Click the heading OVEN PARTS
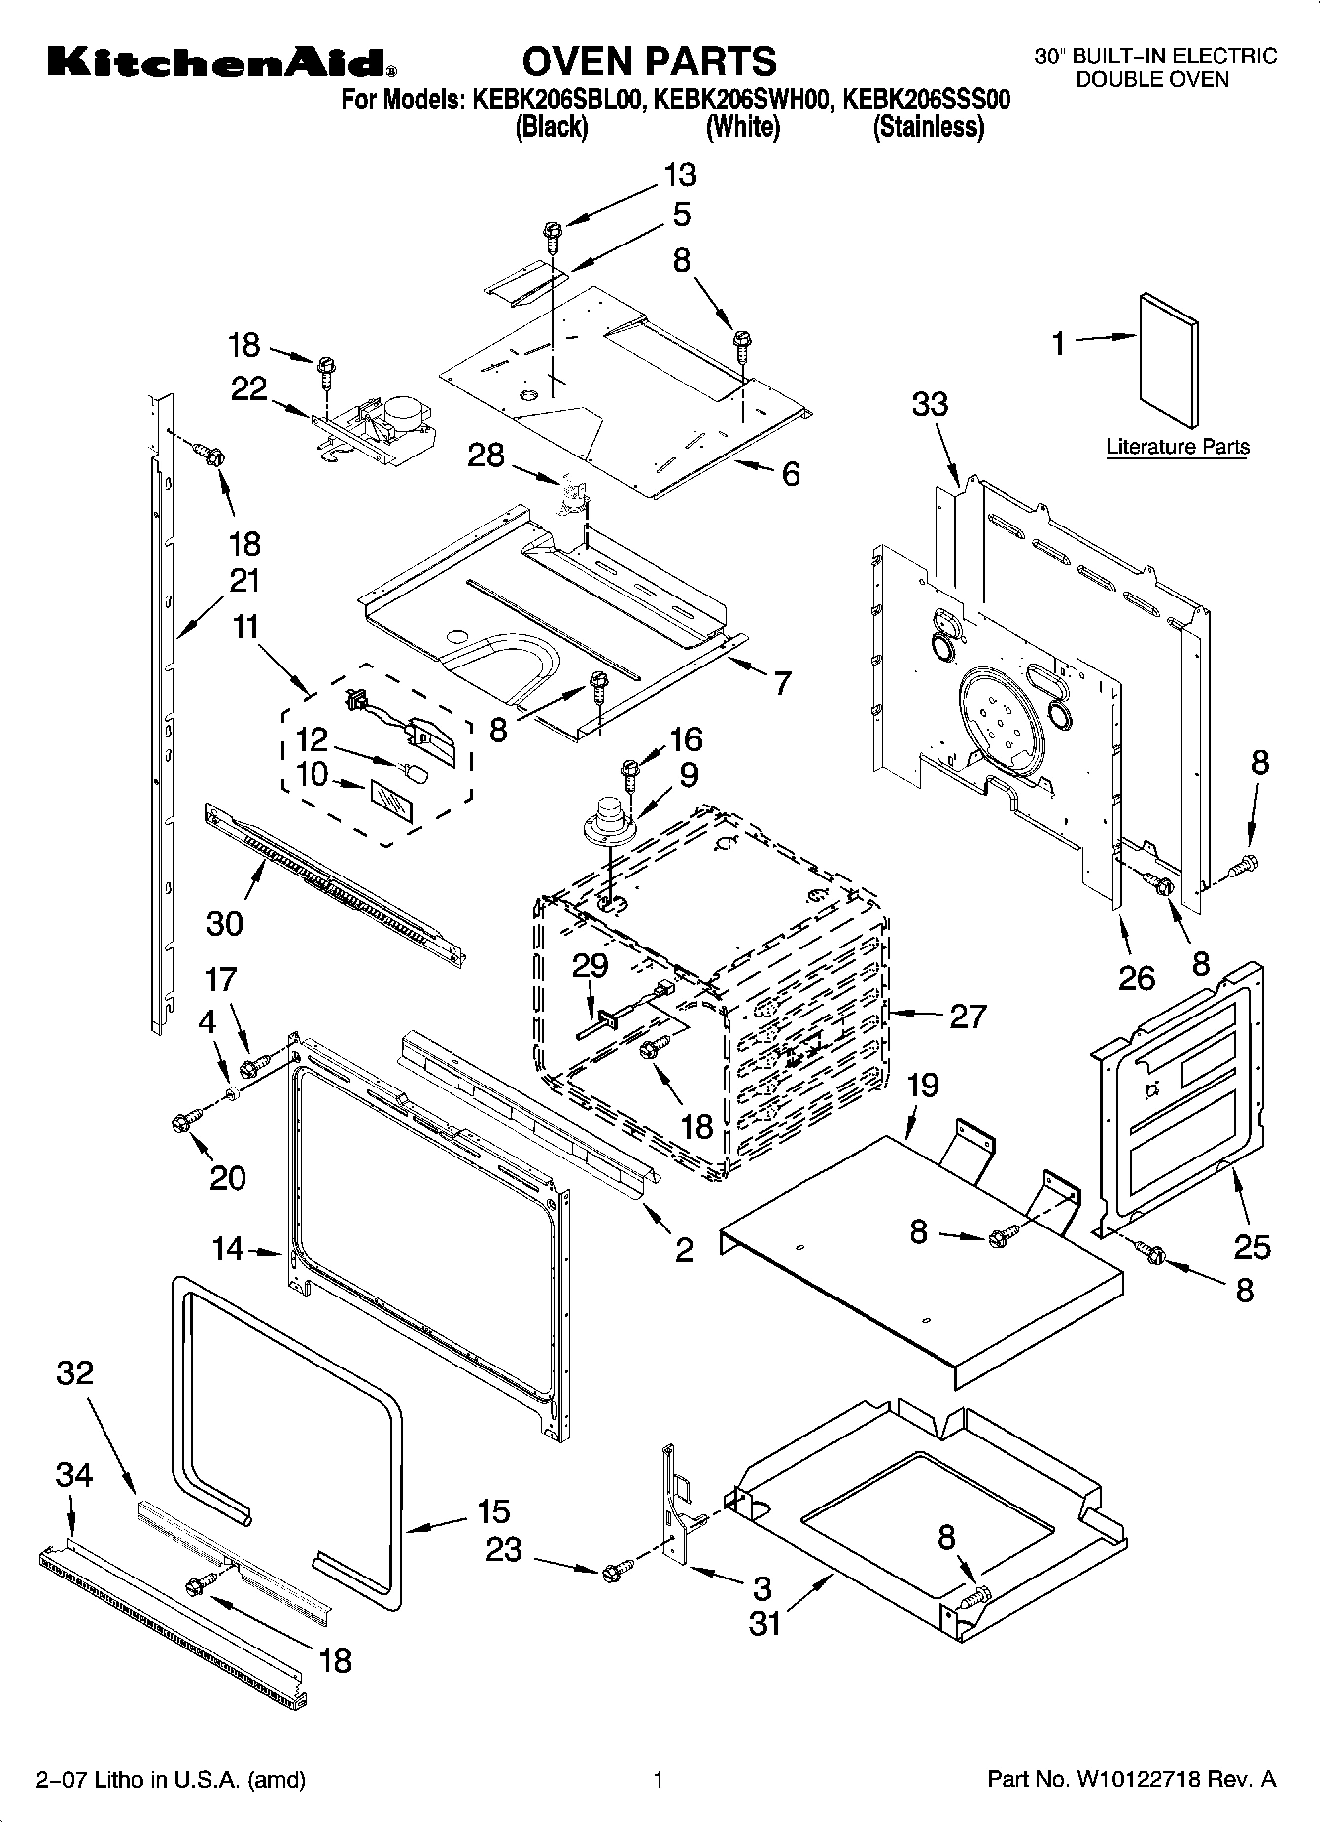pos(649,61)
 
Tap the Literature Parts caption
pos(1177,447)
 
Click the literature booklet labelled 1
pos(1169,363)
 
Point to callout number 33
pos(930,404)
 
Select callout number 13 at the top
pos(679,175)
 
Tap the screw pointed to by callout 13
pos(552,235)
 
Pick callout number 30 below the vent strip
pos(225,923)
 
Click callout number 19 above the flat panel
pos(922,1087)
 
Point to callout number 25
pos(1252,1247)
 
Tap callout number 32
pos(75,1372)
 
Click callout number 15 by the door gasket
pos(493,1510)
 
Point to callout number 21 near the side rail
pos(244,581)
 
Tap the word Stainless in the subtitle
pos(928,128)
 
